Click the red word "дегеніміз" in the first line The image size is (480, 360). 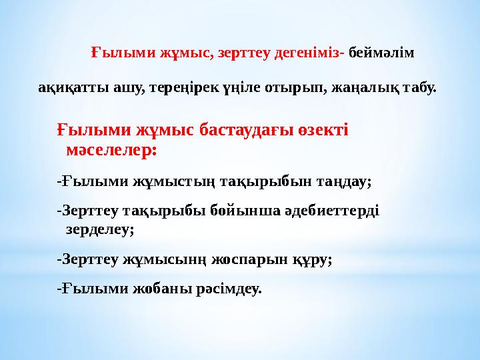[310, 53]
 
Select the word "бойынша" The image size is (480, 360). [240, 211]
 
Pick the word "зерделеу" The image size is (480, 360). [99, 230]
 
